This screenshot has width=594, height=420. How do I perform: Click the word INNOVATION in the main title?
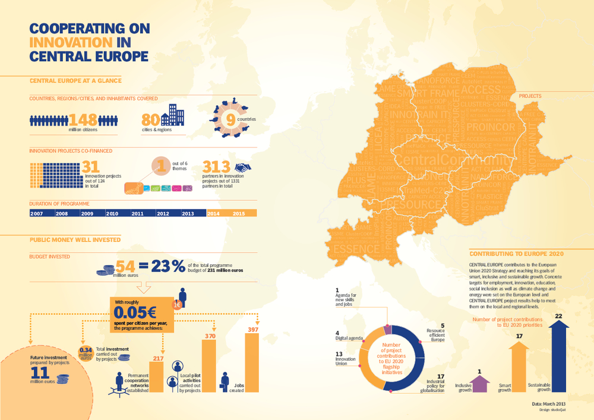71,43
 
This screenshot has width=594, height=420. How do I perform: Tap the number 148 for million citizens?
84,119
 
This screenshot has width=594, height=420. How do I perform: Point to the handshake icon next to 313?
244,169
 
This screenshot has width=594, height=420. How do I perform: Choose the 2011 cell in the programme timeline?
137,213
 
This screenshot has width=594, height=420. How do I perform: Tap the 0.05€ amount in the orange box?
135,312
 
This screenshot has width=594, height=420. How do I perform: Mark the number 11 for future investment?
39,372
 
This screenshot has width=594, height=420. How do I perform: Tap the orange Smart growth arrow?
519,368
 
